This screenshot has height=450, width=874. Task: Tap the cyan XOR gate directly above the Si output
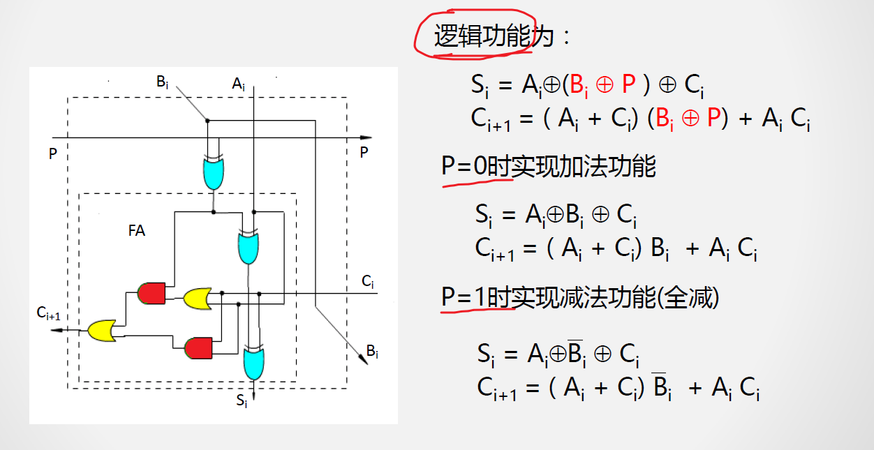click(252, 363)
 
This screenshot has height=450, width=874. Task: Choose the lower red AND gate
click(198, 347)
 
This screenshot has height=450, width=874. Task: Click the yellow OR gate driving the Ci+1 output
click(102, 329)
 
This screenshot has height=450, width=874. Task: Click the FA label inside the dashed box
click(137, 231)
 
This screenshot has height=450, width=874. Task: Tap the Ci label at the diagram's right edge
click(367, 282)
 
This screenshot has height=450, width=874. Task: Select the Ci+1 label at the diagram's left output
click(49, 314)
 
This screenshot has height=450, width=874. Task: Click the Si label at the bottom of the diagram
click(242, 400)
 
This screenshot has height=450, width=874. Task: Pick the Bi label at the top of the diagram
click(162, 82)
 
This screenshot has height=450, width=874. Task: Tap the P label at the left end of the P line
click(52, 153)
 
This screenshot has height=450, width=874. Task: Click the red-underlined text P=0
click(464, 167)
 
